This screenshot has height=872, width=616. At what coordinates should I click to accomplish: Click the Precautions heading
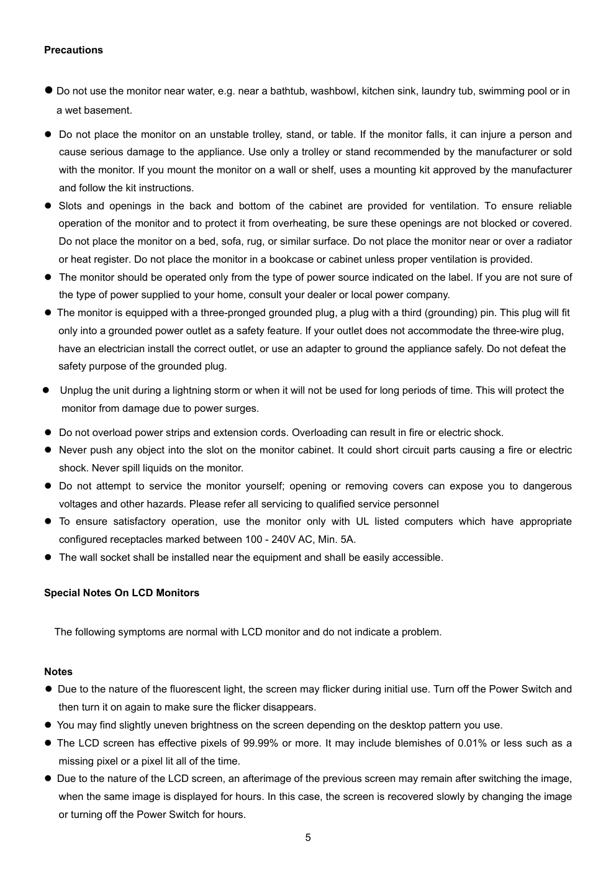[x=73, y=50]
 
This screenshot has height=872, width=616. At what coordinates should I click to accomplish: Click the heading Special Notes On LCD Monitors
[x=122, y=593]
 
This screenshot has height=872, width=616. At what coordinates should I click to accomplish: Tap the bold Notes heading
[x=58, y=672]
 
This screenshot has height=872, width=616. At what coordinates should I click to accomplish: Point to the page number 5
[x=308, y=838]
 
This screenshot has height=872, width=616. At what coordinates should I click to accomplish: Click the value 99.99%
[x=261, y=743]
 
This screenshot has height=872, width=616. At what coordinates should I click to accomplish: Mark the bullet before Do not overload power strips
[x=47, y=433]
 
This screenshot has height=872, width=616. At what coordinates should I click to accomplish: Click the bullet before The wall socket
[x=47, y=558]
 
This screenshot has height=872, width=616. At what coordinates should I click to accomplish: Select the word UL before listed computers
[x=362, y=522]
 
